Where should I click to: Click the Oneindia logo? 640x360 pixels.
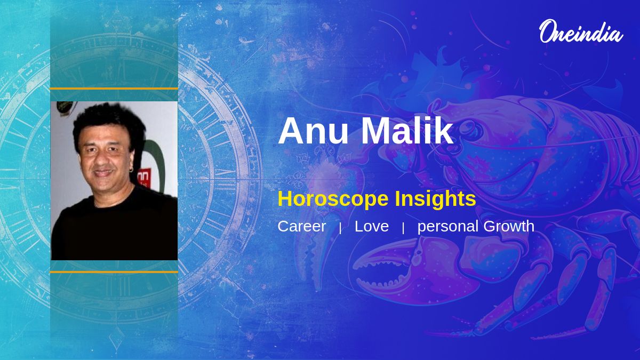(581, 31)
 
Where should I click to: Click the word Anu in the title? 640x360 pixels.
(314, 131)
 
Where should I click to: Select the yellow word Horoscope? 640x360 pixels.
(333, 199)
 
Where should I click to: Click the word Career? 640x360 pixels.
(302, 226)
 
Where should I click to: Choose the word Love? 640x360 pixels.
(372, 226)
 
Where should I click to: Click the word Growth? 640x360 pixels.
(509, 226)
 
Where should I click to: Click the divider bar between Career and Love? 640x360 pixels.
(340, 228)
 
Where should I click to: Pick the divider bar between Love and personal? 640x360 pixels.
(403, 228)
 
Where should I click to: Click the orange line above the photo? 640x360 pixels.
(114, 89)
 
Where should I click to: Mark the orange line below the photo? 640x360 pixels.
(114, 272)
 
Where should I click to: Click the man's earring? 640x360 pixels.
(131, 170)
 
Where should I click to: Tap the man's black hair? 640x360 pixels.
(109, 122)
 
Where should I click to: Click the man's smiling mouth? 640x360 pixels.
(103, 173)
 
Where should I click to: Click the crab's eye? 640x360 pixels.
(473, 129)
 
